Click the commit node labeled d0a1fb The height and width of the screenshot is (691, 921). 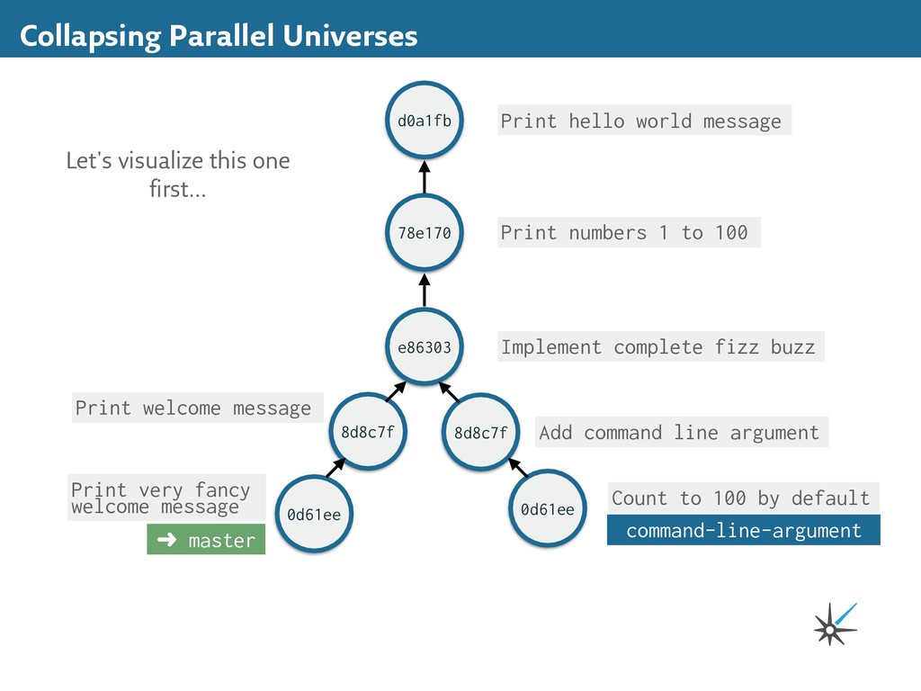pos(425,121)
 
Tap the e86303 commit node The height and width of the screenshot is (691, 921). pos(425,347)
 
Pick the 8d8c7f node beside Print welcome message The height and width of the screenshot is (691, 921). pos(367,432)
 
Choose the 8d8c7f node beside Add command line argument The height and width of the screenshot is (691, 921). pos(480,433)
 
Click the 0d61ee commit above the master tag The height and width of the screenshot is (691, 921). pos(314,515)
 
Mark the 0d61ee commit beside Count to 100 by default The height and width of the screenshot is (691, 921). pos(547,509)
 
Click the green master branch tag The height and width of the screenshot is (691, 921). pos(206,541)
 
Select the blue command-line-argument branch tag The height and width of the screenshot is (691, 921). pos(743,531)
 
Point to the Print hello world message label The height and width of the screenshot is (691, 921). pos(642,121)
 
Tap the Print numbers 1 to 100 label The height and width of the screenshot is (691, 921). pos(627,233)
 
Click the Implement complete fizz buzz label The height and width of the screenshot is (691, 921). pos(659,347)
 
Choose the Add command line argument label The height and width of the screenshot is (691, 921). pos(680,433)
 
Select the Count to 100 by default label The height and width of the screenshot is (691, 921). pos(741,498)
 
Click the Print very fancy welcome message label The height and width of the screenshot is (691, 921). pos(166,498)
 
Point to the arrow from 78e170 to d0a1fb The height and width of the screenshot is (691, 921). pos(425,177)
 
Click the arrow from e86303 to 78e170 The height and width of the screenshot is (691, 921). pos(425,291)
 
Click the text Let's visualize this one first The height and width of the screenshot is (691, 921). pos(178,175)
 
